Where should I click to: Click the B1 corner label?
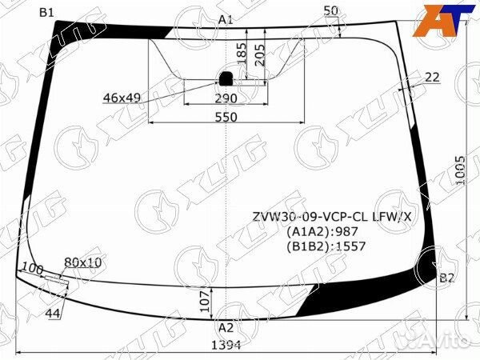tap(46, 13)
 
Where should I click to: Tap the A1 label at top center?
tap(226, 20)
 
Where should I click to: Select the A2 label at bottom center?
tap(226, 328)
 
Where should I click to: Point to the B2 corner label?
tap(446, 278)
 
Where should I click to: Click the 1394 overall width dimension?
tap(226, 346)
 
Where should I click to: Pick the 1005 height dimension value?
tap(461, 171)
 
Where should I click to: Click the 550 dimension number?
tap(226, 117)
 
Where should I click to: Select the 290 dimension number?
tap(226, 98)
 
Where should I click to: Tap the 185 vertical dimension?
tap(242, 54)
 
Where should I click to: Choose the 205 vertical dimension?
tap(260, 55)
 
